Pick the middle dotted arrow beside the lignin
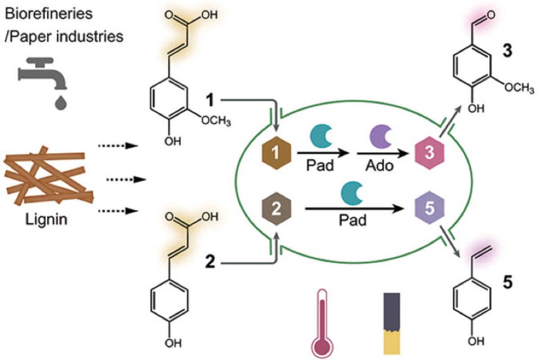[x=127, y=180]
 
